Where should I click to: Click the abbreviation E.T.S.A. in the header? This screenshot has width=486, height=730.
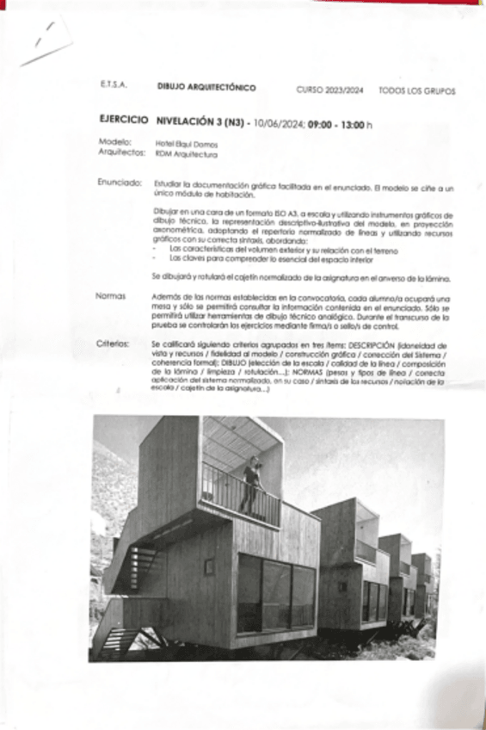[113, 86]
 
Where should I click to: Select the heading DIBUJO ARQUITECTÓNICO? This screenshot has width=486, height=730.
[206, 88]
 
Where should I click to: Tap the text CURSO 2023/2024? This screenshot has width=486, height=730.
[329, 90]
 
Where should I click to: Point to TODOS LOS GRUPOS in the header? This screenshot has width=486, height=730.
[417, 90]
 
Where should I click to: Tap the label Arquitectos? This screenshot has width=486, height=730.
[122, 153]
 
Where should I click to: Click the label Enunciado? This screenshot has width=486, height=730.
[120, 184]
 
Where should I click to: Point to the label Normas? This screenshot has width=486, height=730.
[112, 295]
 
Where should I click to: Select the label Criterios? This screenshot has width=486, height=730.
[114, 343]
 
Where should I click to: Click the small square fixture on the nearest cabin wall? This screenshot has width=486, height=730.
[209, 566]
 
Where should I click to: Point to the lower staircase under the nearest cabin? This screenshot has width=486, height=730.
[118, 640]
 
